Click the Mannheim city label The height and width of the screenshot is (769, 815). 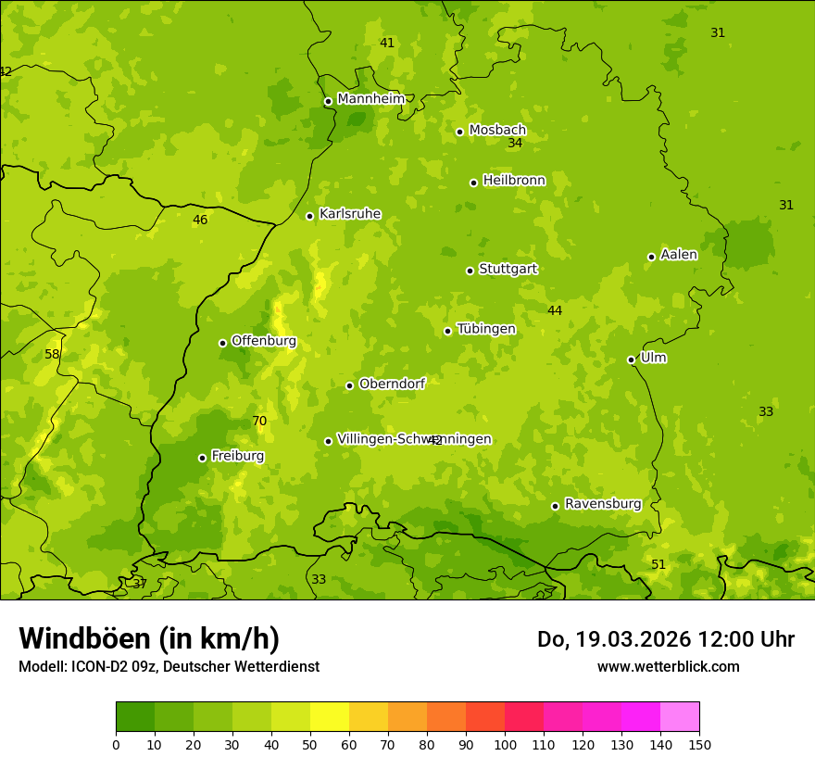coord(370,99)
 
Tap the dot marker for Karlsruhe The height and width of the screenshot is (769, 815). coord(310,216)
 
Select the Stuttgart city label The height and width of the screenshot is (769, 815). coord(508,270)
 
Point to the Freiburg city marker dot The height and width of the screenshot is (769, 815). coord(203,458)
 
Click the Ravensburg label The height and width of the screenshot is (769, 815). coord(603,504)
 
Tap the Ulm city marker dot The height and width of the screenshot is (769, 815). coord(632,359)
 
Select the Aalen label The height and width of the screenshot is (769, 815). coord(679,255)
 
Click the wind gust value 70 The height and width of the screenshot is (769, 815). coord(259,422)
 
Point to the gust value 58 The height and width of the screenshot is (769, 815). coord(52,355)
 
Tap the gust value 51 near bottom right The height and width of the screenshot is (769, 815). coord(658,565)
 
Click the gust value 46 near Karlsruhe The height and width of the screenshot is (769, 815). coord(200,221)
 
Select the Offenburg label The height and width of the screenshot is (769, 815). coord(264,341)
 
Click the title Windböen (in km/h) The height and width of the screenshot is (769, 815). coord(149,638)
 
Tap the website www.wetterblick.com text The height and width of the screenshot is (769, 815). coord(668,666)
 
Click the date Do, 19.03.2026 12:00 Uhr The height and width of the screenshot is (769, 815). coord(665,639)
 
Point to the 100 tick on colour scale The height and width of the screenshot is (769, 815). coord(505,744)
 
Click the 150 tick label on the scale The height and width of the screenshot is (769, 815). coord(698,744)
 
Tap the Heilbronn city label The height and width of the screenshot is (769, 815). coord(514,181)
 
